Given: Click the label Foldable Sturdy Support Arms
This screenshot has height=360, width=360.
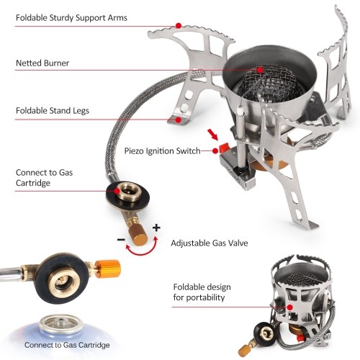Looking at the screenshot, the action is [x=71, y=18].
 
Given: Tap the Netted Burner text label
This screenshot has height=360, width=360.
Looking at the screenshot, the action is [x=42, y=63].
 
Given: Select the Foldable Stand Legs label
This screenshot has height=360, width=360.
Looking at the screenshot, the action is [x=53, y=111].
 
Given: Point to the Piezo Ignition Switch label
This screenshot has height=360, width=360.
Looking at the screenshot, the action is [x=162, y=151].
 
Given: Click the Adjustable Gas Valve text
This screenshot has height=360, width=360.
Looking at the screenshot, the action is [x=210, y=243].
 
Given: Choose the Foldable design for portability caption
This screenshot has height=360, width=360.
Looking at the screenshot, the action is [x=202, y=292].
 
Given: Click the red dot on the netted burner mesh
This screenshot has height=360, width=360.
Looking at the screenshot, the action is [x=260, y=70].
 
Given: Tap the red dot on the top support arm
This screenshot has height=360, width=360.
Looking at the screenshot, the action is [x=179, y=25].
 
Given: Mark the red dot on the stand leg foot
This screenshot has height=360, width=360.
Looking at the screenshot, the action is [x=179, y=120].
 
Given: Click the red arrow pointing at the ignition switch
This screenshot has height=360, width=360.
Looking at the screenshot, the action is [x=213, y=135].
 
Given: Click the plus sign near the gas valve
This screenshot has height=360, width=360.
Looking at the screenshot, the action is [x=156, y=228].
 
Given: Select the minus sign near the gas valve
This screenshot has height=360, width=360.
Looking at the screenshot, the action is [x=121, y=239].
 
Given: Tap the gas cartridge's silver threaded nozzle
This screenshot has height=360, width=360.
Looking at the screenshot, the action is [x=61, y=323].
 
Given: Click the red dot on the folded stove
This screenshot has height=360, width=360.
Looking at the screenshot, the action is [x=290, y=307].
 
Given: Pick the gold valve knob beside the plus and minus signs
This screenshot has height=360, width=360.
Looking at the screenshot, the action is [x=138, y=236].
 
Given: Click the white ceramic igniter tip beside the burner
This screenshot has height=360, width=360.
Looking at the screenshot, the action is [x=240, y=111].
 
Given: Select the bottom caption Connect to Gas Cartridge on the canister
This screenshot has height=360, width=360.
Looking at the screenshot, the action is [x=67, y=345].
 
